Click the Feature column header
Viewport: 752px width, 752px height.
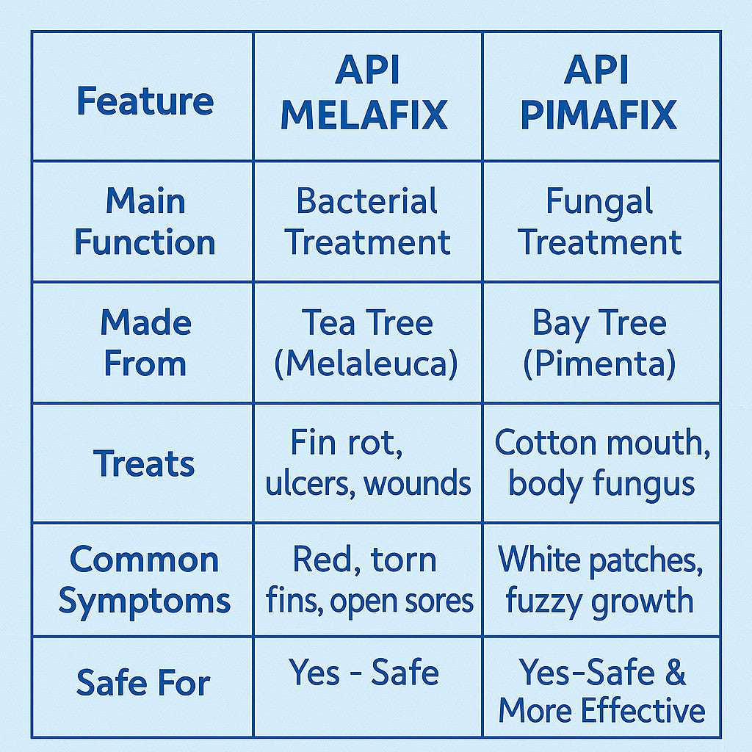[x=145, y=101]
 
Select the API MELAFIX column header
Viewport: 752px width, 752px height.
[x=364, y=95]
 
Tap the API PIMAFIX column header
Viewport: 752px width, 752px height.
[x=599, y=95]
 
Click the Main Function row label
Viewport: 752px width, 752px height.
[x=145, y=222]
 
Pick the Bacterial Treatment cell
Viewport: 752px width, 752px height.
[x=367, y=222]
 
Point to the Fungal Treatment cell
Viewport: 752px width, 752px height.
[x=600, y=222]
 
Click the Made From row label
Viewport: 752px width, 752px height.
[x=145, y=343]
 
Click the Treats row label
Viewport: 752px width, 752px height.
[x=145, y=464]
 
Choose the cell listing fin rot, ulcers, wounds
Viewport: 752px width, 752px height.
[x=367, y=463]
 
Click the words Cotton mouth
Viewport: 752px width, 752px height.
[x=602, y=443]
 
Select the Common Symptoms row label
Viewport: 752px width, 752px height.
[x=145, y=580]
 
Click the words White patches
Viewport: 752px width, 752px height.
[x=601, y=560]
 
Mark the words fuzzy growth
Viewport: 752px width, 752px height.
[x=599, y=601]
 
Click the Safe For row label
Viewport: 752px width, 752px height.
[x=143, y=683]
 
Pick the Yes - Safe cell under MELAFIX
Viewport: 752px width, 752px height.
[x=364, y=673]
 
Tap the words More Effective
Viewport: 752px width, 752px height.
[x=601, y=711]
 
